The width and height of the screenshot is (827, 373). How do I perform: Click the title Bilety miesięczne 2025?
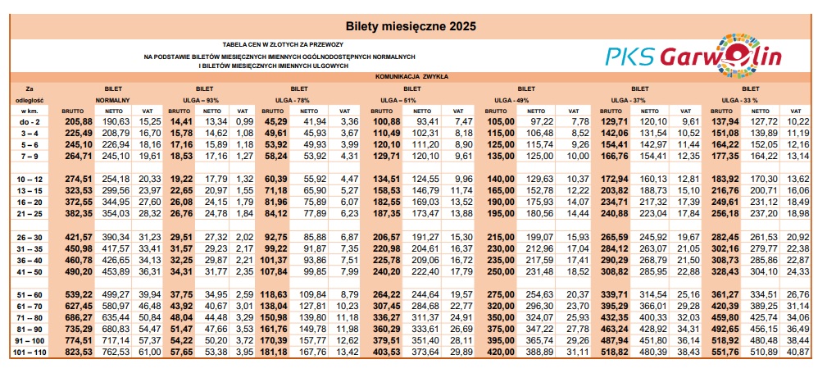coord(413,25)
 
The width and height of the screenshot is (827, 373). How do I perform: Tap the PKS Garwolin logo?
coord(693,54)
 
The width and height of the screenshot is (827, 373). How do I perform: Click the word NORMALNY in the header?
coord(113,98)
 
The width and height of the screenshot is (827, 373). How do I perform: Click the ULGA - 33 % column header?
coord(750,98)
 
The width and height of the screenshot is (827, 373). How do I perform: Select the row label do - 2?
coord(30,121)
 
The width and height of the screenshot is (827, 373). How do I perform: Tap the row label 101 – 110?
coord(30,353)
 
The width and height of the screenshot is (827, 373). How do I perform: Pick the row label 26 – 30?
coord(30,236)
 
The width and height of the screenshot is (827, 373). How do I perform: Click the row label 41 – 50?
coord(30,271)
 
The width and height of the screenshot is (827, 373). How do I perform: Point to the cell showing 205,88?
coord(79,121)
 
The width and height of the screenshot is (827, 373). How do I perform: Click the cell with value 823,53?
coord(79,353)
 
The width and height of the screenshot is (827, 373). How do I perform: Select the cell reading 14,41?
coord(179,121)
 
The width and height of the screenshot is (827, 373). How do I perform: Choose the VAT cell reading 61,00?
coord(150,353)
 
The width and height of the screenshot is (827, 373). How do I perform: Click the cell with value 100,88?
coord(387,121)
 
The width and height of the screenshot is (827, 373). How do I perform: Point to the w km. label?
coord(30,110)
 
